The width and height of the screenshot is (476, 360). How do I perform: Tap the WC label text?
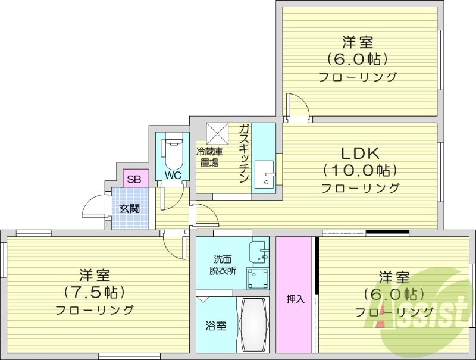coord(173,176)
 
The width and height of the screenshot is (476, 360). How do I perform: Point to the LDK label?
coord(359,151)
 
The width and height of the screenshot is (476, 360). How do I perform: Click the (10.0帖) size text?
coord(359,170)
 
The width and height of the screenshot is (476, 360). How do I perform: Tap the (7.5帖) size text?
coord(95,292)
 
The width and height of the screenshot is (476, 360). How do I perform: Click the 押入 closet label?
coord(295,299)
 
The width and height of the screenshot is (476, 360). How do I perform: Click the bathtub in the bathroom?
coord(255,326)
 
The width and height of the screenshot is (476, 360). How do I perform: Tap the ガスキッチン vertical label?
coord(245,154)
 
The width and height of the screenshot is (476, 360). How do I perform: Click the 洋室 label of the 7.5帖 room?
coord(95,275)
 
